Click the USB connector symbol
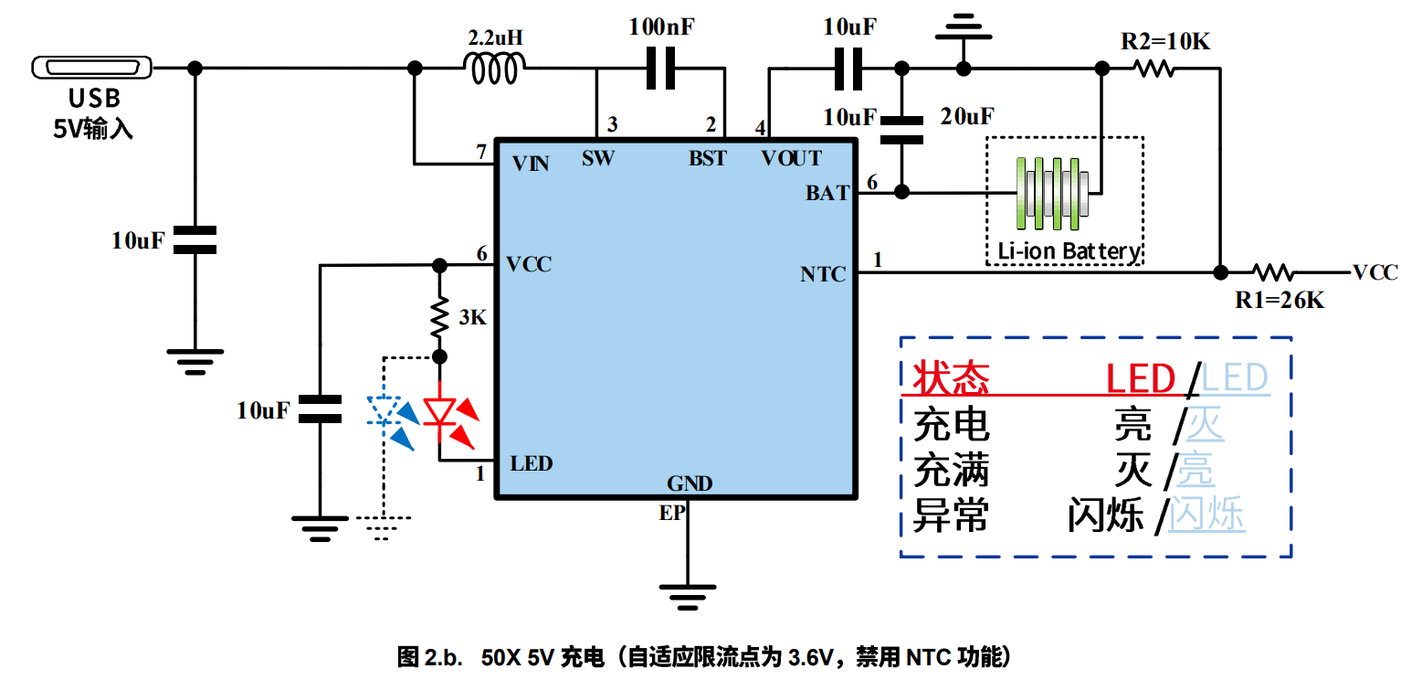point(91,69)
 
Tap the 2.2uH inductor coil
point(496,69)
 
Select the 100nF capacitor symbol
point(660,69)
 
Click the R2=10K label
point(1165,41)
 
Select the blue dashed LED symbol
point(384,413)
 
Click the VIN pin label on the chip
point(530,164)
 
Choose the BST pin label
point(707,158)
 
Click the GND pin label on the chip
point(690,483)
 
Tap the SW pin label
point(598,158)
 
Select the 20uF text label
point(967,116)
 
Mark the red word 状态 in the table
point(951,377)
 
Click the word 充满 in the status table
point(951,472)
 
